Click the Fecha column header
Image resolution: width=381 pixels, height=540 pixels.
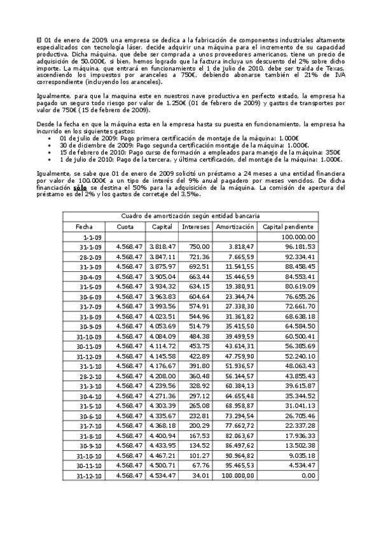84,226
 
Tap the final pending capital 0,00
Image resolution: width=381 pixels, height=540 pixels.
308,476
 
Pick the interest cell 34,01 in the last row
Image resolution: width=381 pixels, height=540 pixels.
202,476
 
